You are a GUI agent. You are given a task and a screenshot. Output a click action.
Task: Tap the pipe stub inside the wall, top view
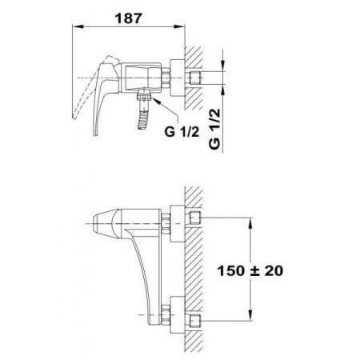(196, 78)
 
